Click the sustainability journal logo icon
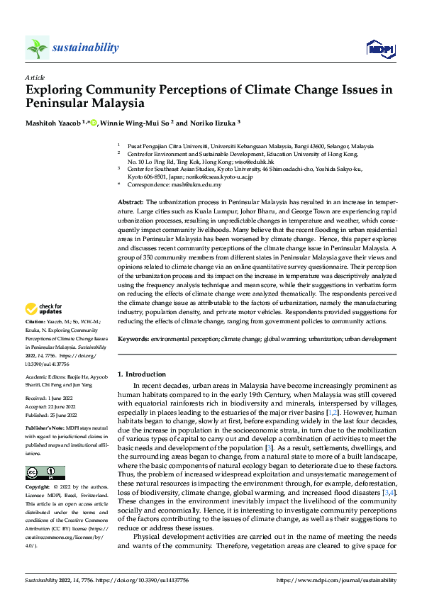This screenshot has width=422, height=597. click(37, 48)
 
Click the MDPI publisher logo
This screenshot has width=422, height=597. click(379, 48)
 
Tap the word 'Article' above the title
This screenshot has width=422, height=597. click(35, 77)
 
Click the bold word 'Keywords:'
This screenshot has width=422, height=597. click(133, 340)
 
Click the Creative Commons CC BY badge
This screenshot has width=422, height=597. click(45, 472)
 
